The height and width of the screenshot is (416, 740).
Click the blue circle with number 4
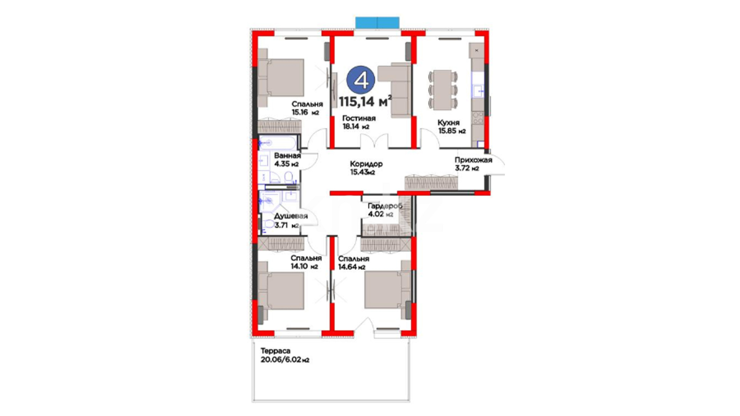click(x=360, y=80)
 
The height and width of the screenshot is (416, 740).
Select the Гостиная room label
click(x=359, y=118)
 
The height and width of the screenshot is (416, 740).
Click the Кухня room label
click(x=448, y=122)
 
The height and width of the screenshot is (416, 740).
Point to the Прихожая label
click(x=473, y=160)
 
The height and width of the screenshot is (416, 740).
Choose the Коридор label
click(x=366, y=164)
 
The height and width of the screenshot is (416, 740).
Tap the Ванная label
click(x=287, y=156)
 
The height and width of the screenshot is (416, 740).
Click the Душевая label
click(x=291, y=216)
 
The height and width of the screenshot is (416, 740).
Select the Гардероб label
click(x=385, y=206)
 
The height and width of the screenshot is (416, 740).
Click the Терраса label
click(x=275, y=351)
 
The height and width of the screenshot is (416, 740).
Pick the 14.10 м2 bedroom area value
click(x=304, y=266)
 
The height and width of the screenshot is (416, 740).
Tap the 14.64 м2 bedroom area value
click(x=352, y=267)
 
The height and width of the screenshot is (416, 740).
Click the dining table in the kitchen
click(x=443, y=89)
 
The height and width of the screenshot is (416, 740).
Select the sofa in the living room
click(x=395, y=90)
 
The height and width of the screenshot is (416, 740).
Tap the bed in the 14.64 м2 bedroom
click(x=388, y=290)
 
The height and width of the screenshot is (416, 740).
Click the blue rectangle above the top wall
click(x=377, y=22)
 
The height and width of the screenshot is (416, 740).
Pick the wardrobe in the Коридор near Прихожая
click(x=431, y=182)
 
